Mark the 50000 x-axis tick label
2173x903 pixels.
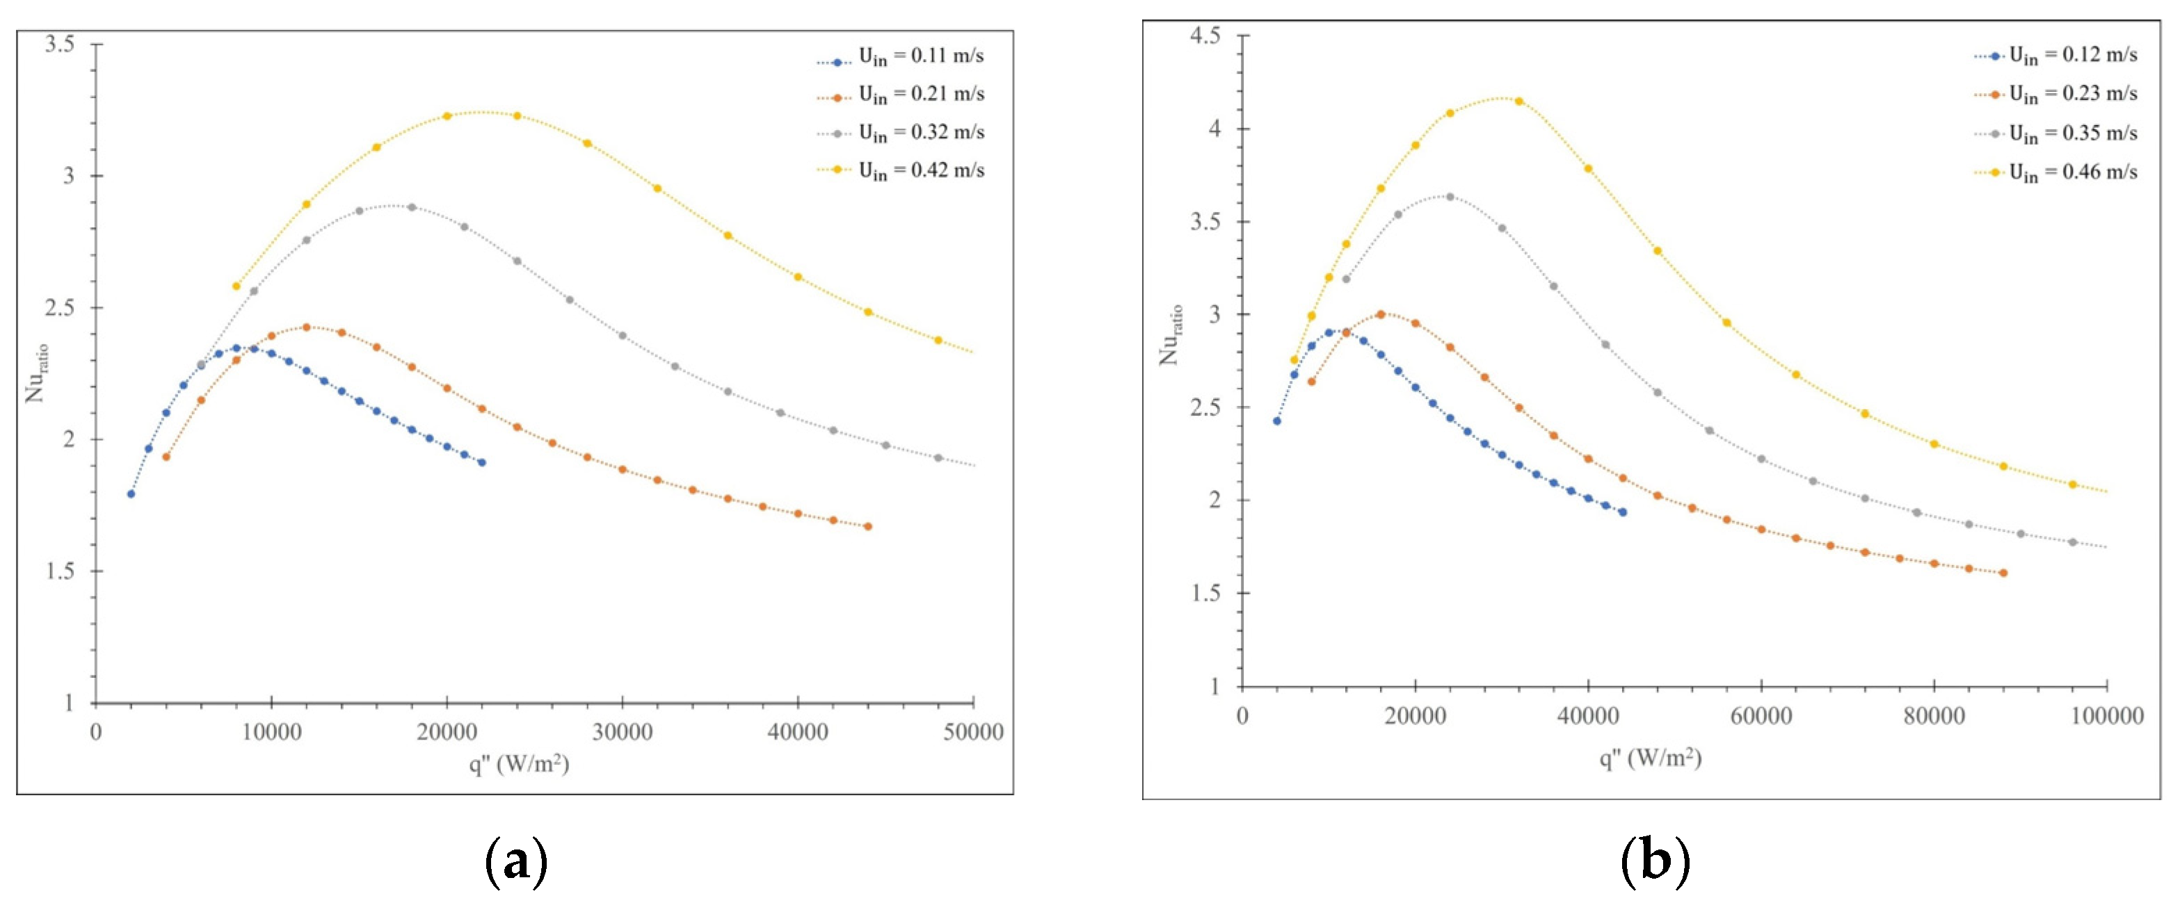[x=972, y=732]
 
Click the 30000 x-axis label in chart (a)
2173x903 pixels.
[x=622, y=732]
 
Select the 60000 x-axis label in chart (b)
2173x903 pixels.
[x=1761, y=717]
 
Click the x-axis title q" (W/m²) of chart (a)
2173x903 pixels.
[x=519, y=764]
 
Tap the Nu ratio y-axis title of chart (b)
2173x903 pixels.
[x=1171, y=335]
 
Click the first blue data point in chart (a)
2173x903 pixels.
[x=131, y=494]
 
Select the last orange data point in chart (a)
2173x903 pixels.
[x=868, y=527]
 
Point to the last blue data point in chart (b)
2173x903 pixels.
[x=1622, y=512]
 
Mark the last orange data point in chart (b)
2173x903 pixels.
[x=2003, y=573]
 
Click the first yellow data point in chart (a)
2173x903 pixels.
[x=236, y=286]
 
